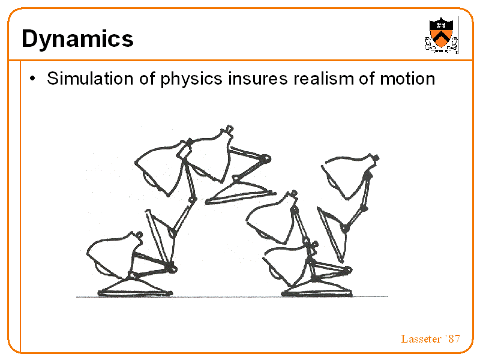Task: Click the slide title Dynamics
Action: tap(78, 39)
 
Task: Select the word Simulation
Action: tap(90, 79)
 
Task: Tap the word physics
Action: tap(191, 79)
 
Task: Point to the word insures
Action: tap(258, 79)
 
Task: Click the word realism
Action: tap(323, 79)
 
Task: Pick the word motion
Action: tap(407, 79)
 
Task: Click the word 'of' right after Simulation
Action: tap(147, 79)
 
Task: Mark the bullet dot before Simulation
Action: tap(32, 79)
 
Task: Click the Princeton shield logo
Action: tap(441, 35)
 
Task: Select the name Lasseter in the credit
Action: tap(421, 339)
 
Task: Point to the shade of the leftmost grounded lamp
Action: tap(114, 254)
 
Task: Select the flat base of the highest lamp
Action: tap(241, 193)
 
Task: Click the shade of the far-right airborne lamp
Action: tap(349, 176)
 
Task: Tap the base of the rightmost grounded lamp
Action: tap(317, 289)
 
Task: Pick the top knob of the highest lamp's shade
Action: tap(229, 129)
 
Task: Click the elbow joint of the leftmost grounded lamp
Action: tap(173, 269)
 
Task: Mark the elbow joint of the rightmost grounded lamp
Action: tap(348, 271)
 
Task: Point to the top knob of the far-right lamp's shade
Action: tap(376, 158)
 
